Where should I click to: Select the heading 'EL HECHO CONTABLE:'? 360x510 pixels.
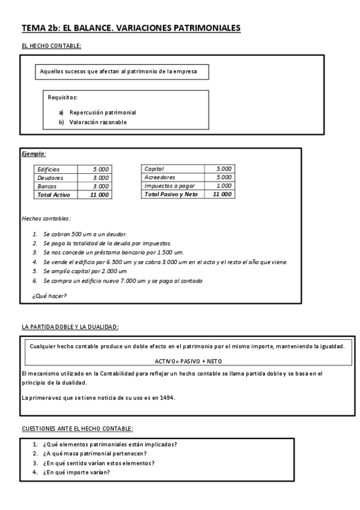click(51, 46)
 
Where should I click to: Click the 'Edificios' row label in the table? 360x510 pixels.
click(49, 170)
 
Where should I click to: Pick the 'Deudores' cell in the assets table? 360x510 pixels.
click(50, 178)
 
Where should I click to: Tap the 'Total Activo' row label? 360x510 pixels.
click(54, 195)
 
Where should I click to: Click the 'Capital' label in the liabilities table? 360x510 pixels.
click(154, 169)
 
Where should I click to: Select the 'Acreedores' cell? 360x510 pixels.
click(160, 177)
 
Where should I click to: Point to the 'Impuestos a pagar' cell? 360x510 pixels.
click(166, 186)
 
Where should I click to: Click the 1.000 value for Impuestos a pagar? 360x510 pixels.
click(224, 186)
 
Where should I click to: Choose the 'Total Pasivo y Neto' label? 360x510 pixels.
click(171, 194)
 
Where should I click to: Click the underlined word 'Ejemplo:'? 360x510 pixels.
click(34, 153)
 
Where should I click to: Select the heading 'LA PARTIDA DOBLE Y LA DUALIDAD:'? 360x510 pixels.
click(70, 327)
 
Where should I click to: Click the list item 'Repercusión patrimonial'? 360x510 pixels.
click(103, 112)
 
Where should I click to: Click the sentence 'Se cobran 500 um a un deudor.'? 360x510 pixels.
click(85, 233)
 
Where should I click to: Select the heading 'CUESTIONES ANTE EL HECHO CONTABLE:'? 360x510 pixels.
click(77, 428)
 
